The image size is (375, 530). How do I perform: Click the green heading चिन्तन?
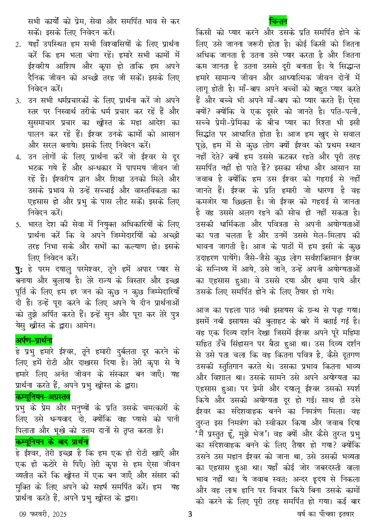278,21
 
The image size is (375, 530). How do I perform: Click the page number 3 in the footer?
190,514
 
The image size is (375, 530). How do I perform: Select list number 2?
18,44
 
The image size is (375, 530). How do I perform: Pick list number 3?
18,101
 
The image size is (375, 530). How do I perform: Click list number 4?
18,157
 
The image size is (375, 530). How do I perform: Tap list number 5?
18,224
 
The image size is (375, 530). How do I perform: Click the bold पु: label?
19,269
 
